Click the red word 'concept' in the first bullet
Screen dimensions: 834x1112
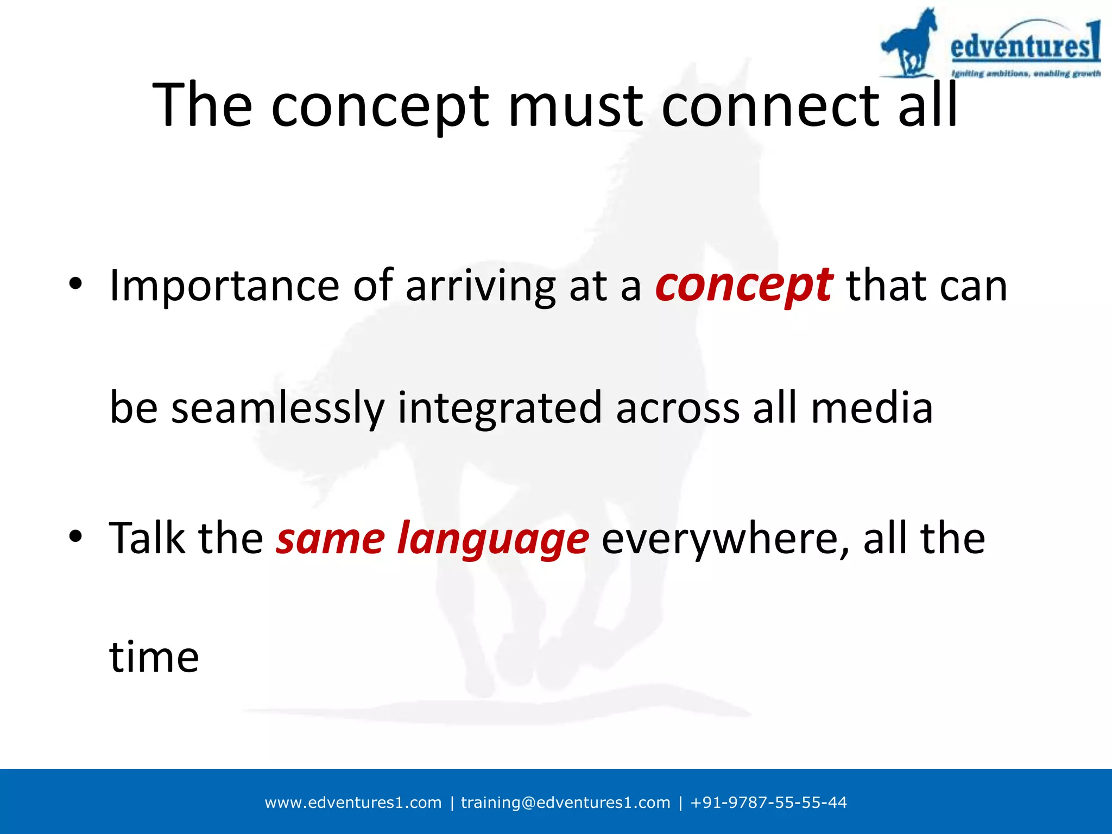point(743,287)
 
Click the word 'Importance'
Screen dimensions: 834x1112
point(224,287)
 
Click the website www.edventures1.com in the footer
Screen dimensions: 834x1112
point(353,803)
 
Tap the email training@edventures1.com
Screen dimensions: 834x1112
point(565,803)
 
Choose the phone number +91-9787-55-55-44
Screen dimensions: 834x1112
point(768,803)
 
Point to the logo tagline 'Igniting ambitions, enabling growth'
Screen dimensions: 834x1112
point(1026,73)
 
